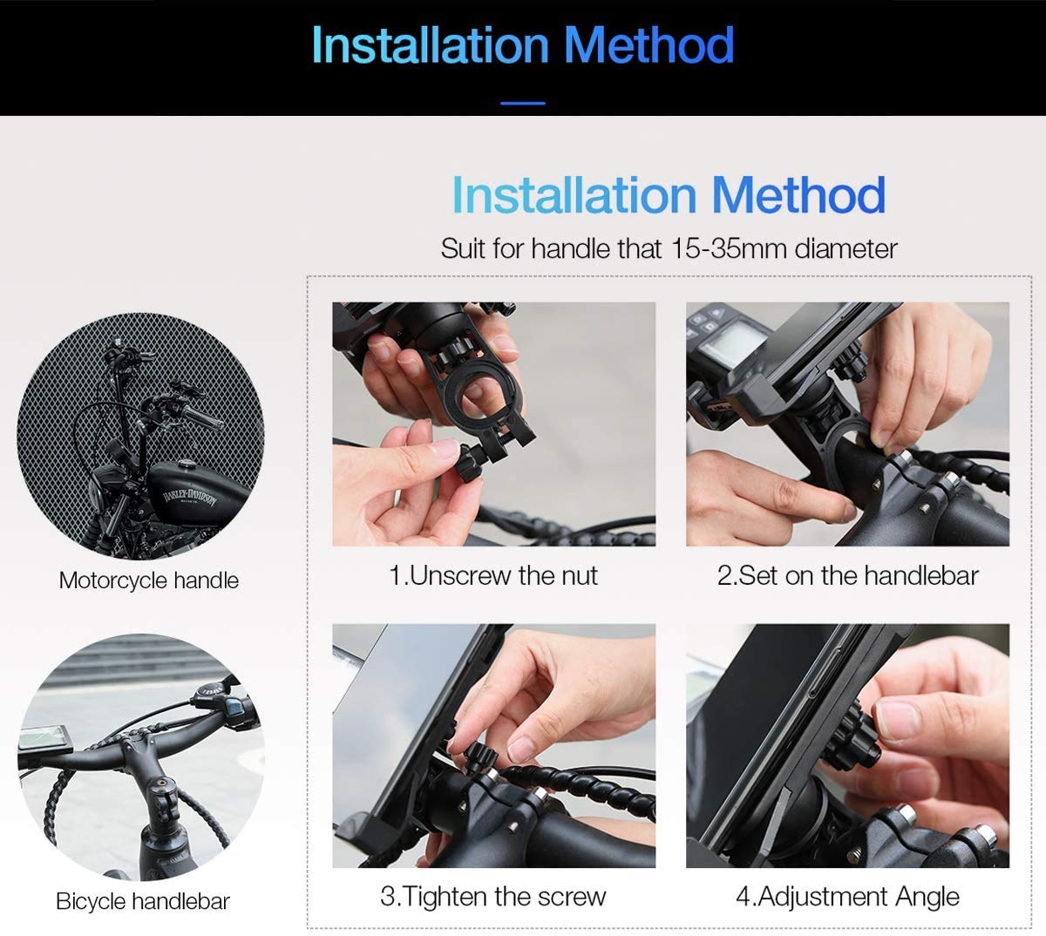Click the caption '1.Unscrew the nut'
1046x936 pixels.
(x=493, y=575)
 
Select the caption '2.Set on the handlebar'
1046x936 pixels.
(x=848, y=575)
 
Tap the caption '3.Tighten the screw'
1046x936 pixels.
(x=493, y=897)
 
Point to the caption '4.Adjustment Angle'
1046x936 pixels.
(x=848, y=898)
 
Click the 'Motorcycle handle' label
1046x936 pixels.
(x=149, y=580)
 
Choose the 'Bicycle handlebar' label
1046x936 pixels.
(x=142, y=901)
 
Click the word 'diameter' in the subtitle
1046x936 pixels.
(x=846, y=249)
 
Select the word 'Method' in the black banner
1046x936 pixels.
(x=649, y=45)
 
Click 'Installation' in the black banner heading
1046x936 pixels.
(x=430, y=45)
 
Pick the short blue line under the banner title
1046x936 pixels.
(x=523, y=103)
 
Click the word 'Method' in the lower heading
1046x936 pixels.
(x=798, y=194)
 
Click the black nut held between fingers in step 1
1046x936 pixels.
(x=469, y=464)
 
